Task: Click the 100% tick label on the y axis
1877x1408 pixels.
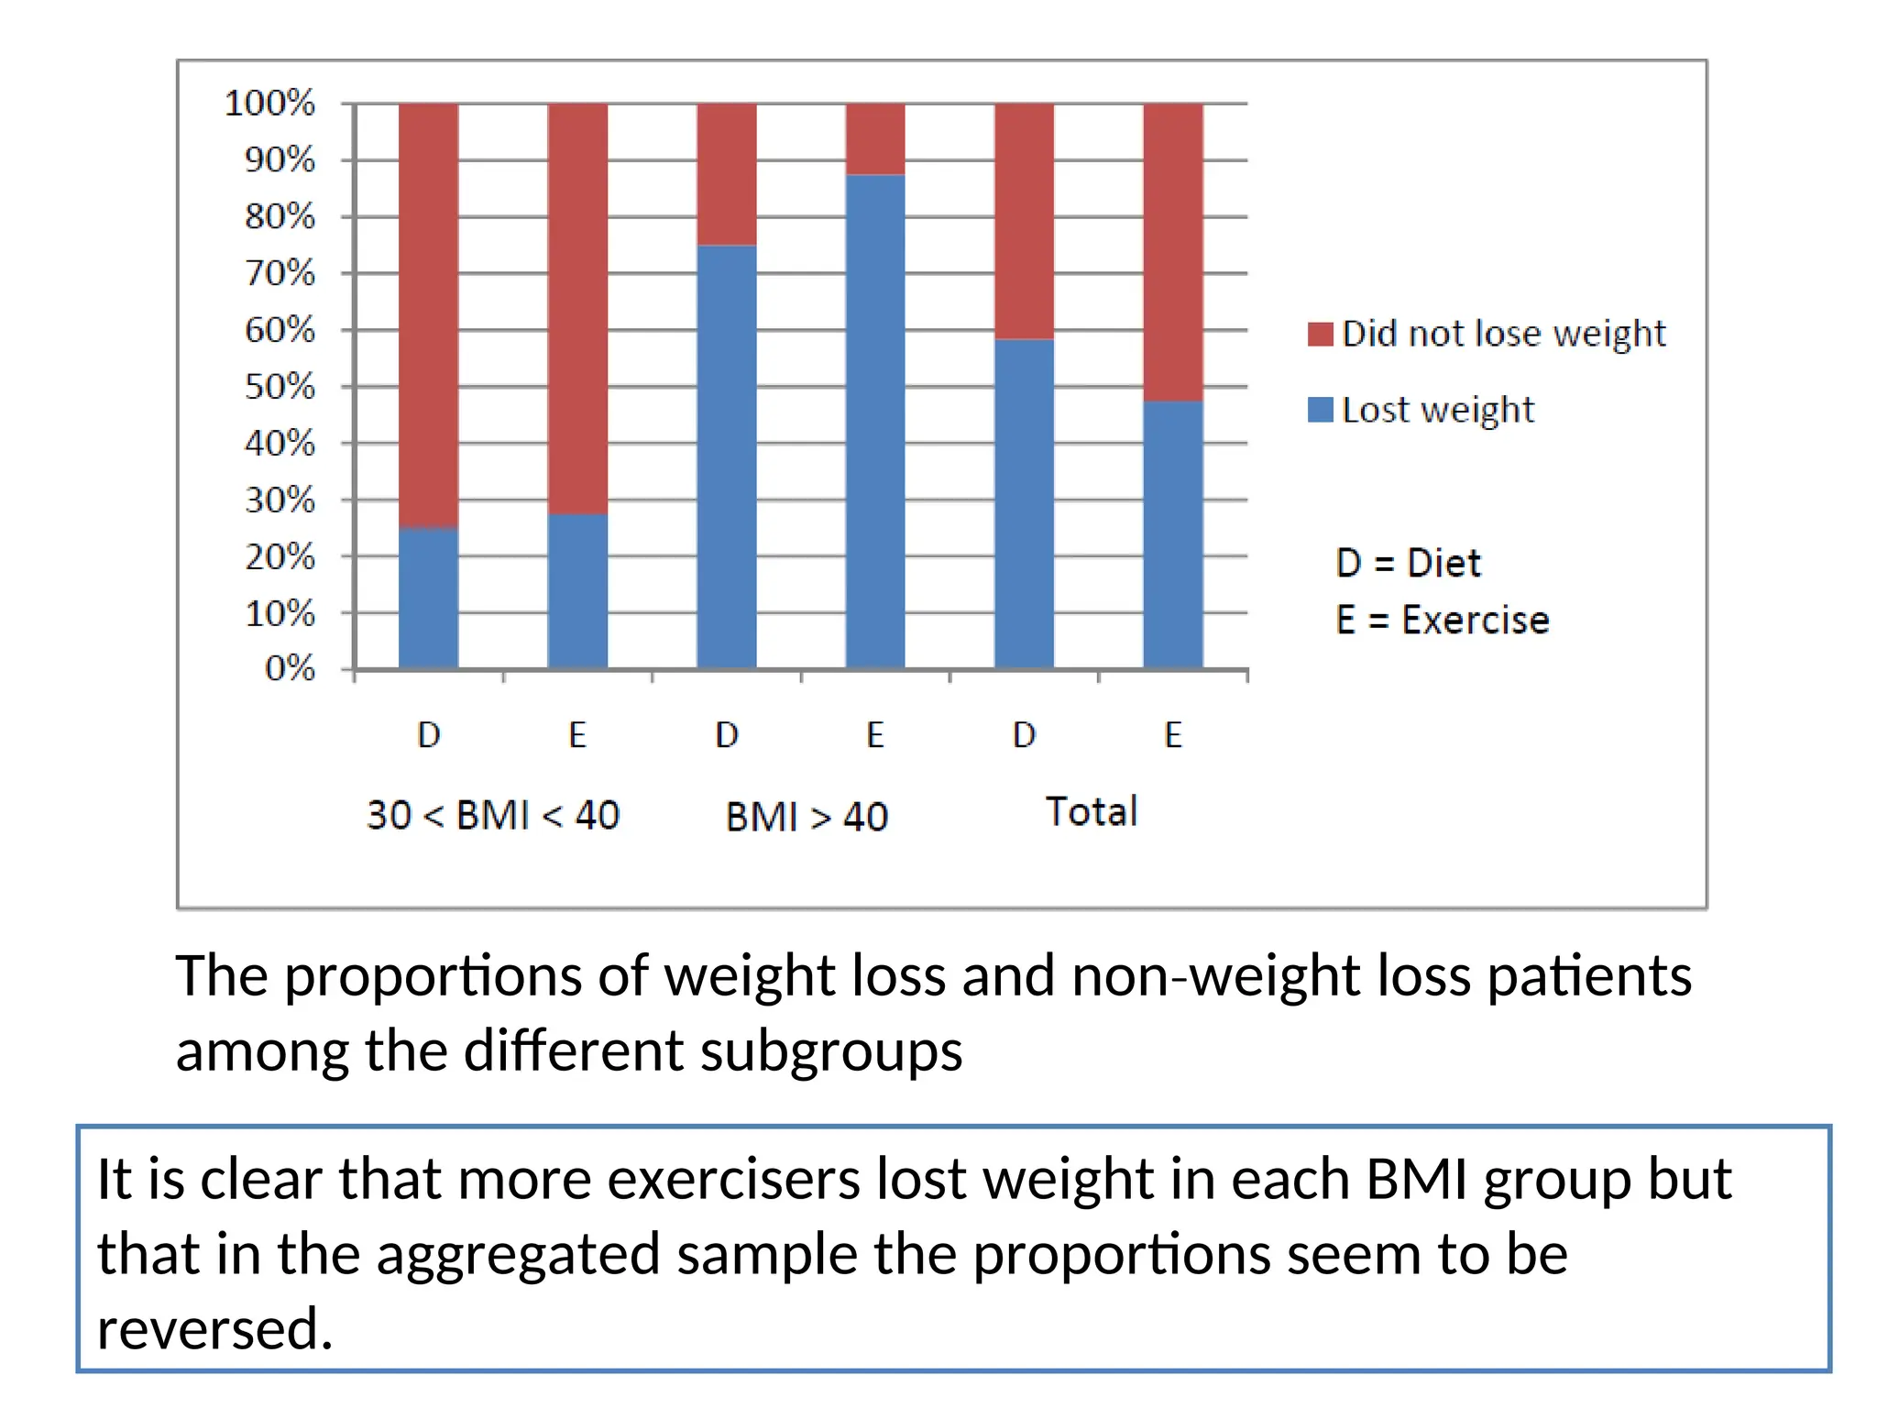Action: pos(269,103)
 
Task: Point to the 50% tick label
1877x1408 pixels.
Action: pos(280,386)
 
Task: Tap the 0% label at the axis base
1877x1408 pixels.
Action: pos(290,668)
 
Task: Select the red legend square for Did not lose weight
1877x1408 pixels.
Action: pos(1320,334)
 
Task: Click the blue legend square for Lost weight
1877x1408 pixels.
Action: pos(1320,410)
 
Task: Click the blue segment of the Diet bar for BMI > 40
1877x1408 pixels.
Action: pos(727,458)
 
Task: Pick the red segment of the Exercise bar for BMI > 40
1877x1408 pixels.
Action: pos(875,138)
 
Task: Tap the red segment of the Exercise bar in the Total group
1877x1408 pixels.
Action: pos(1173,252)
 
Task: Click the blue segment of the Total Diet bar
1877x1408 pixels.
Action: pos(1024,504)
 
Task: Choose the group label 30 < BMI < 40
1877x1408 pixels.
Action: pos(493,815)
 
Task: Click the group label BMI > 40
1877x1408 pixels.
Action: pos(807,817)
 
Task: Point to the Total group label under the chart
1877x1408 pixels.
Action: pos(1091,811)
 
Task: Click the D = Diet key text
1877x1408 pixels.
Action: pos(1408,563)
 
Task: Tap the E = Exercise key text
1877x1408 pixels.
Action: pos(1442,621)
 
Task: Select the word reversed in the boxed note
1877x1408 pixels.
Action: pos(214,1328)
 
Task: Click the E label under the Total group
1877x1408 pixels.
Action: pos(1173,735)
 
